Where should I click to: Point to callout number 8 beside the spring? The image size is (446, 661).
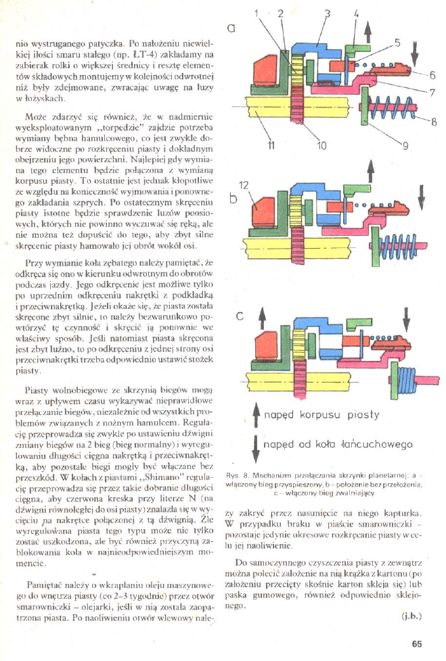click(x=434, y=122)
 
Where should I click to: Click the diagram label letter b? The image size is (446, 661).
click(x=234, y=199)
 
